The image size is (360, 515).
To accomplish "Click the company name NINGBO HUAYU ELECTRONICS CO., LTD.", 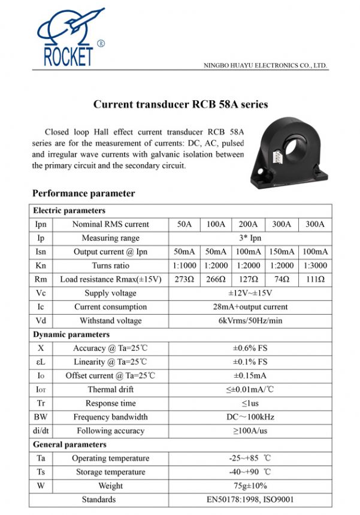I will [x=265, y=65].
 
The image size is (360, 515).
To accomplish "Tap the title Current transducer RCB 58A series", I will [x=180, y=104].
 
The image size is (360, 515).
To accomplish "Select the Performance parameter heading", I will [x=83, y=193].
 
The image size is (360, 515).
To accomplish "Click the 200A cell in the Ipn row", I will [x=249, y=224].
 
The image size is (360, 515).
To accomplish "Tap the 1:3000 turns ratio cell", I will [x=314, y=266].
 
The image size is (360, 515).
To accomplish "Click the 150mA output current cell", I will [x=282, y=252].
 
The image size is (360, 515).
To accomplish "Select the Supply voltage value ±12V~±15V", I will [x=250, y=293].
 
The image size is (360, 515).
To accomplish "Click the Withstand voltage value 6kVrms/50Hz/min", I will [x=250, y=321].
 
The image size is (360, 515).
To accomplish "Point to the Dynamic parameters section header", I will [x=71, y=335].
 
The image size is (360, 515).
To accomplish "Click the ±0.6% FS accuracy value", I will [x=250, y=348].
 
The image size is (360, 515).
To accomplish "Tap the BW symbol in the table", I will [x=40, y=417].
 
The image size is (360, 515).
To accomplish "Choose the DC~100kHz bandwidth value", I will [x=250, y=417].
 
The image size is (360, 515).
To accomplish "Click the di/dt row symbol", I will [x=40, y=430].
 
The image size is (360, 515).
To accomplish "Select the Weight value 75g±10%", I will [x=250, y=486].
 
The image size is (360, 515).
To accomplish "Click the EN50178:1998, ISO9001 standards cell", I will [x=250, y=499].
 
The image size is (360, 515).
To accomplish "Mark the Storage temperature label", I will [x=111, y=472].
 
